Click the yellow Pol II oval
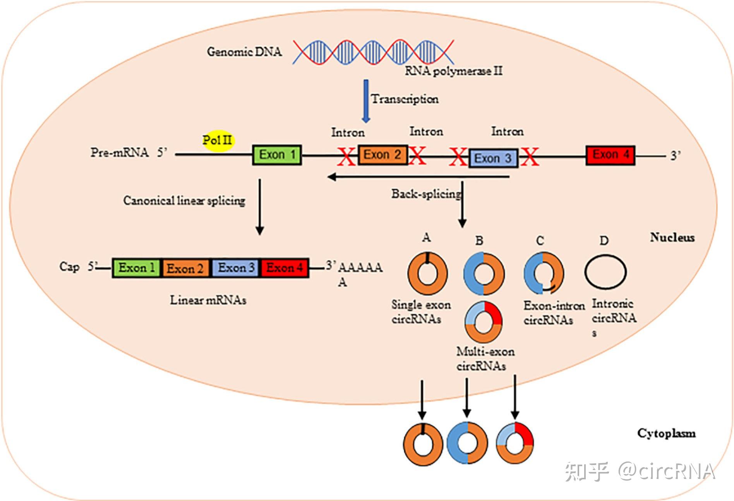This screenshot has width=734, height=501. tap(218, 140)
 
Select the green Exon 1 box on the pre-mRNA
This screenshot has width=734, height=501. tap(277, 155)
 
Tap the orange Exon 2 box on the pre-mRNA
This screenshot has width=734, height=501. tap(382, 155)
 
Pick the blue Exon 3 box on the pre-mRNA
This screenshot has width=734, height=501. tap(493, 158)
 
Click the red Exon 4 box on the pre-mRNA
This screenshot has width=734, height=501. tap(610, 155)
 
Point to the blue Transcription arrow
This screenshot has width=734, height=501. tap(365, 101)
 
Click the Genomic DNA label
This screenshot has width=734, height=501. tap(244, 51)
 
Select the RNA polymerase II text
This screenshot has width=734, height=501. tap(453, 71)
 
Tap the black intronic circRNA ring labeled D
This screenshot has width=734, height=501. tap(605, 272)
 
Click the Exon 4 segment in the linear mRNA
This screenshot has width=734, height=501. tap(285, 268)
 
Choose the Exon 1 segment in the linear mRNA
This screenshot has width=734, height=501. tap(136, 268)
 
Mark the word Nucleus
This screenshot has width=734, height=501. tap(672, 237)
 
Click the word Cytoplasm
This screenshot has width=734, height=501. tap(666, 433)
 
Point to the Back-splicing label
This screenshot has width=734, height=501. tap(426, 194)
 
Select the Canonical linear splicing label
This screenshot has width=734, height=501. tap(184, 200)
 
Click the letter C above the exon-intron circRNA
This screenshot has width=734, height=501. tap(540, 241)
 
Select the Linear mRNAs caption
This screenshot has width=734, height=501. tap(208, 300)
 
